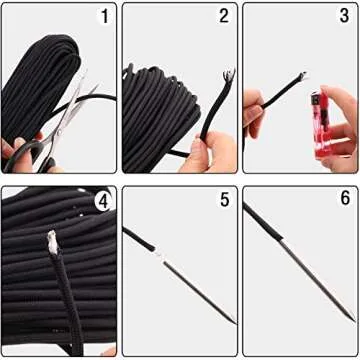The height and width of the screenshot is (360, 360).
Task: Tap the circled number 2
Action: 223,17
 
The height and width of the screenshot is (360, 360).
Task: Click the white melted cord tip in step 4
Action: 49,240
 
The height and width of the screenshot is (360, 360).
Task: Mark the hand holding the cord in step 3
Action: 254,105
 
